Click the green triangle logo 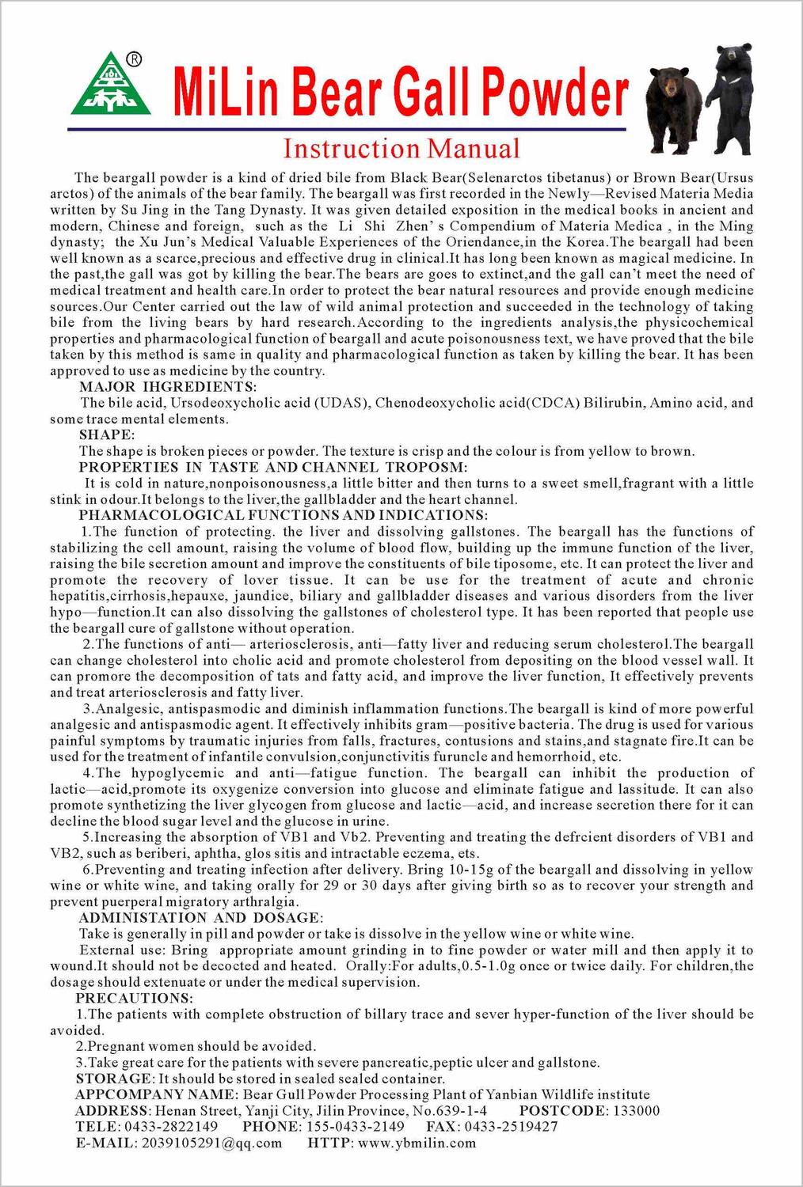[111, 87]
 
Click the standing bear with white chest [734, 99]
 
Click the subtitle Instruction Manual [401, 149]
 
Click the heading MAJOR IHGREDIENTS [168, 387]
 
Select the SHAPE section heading [107, 434]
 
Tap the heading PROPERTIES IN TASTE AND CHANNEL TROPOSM [273, 467]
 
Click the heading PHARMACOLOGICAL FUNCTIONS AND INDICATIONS [283, 515]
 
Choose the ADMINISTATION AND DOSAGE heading [200, 917]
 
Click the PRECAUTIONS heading [134, 998]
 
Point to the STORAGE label [113, 1079]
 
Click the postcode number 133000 [634, 1110]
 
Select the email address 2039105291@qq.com [211, 1143]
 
